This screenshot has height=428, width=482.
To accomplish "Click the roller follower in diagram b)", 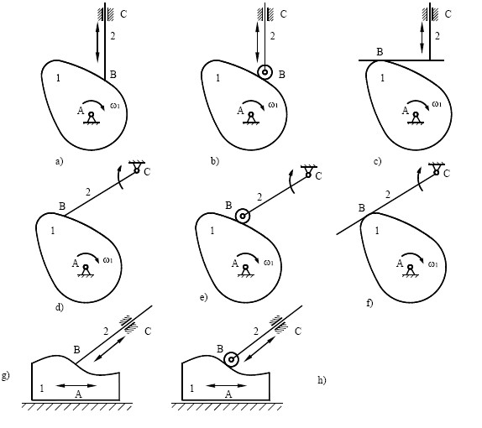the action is coord(265,72).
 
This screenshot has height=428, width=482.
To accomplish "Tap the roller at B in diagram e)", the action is coord(243,216).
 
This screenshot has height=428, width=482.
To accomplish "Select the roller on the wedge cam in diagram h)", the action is coord(231,359).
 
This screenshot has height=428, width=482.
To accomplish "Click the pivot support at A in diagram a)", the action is coord(92,118).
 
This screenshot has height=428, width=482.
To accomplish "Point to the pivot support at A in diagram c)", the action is coord(416,118).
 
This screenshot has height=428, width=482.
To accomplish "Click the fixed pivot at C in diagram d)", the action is coord(137,167).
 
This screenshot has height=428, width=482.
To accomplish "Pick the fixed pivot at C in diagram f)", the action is coord(436,169).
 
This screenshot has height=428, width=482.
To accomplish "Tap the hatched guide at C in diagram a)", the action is coord(105,14).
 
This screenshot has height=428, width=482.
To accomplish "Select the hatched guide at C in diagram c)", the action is coord(430,14).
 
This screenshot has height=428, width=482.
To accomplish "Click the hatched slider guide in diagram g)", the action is coord(130,325).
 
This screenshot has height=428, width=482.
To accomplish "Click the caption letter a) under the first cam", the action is coord(59,161).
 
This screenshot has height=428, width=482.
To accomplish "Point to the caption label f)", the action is coord(369,303).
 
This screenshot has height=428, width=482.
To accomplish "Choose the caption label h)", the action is coord(322,380).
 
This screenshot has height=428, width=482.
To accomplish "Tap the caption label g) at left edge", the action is coord(6,375).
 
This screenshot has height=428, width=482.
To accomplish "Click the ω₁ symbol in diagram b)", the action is coord(273,105).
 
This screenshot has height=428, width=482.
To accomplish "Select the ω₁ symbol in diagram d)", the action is coord(107,260).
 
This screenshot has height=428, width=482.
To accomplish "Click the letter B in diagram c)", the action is coord(380,52).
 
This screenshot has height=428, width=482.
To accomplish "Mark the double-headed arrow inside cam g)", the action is coord(76,385).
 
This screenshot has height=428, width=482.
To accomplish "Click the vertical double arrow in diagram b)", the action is coord(258,41).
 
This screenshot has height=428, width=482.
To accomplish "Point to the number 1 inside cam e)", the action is coord(212,231).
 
